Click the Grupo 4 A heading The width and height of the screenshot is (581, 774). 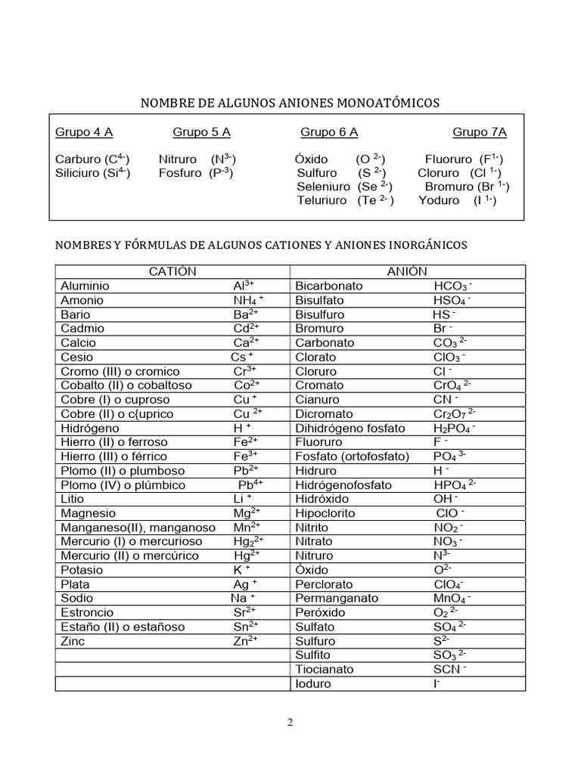pos(84,132)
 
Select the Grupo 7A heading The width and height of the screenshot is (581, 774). pos(480,132)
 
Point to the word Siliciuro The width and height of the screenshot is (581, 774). pos(78,173)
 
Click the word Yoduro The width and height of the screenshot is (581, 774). pos(439,200)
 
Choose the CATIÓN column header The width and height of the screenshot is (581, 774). pos(172,271)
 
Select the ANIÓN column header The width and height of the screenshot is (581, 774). pos(408,271)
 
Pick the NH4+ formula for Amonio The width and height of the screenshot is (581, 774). pos(248,300)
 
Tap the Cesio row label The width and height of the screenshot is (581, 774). pos(76,357)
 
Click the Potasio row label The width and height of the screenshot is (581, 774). pos(82,570)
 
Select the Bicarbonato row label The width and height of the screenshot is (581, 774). pos(329,286)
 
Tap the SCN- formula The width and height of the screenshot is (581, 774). pos(449,669)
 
